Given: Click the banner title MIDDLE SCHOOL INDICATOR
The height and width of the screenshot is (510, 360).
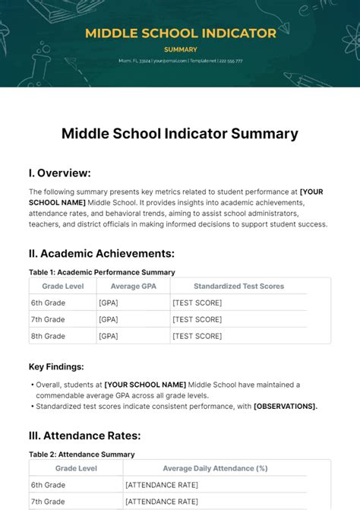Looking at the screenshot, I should click(x=180, y=33).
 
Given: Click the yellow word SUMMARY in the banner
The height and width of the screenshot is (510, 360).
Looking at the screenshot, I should click(x=180, y=49).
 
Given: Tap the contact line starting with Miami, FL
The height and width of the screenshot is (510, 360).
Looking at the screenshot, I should click(x=180, y=61).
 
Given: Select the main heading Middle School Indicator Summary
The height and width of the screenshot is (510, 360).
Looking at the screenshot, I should click(x=180, y=134).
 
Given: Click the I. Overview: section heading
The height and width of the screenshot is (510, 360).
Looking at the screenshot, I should click(x=60, y=173).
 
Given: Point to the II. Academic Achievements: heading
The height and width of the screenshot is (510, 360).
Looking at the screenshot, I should click(x=102, y=253).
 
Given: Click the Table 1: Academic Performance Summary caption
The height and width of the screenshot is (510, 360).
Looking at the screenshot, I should click(x=102, y=272).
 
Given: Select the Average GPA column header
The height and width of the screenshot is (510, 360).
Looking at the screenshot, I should click(x=131, y=287).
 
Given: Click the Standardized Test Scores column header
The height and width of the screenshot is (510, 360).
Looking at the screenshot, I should click(x=238, y=287).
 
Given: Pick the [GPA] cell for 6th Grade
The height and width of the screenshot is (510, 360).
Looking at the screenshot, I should click(x=109, y=303).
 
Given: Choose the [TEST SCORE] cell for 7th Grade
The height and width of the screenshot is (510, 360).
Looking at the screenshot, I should click(x=197, y=319).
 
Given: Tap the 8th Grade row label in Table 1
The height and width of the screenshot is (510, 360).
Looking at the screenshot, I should click(x=47, y=336).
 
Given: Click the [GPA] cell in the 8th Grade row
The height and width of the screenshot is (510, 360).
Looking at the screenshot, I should click(x=109, y=336).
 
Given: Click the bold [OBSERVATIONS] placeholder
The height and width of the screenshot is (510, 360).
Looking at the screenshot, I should click(x=285, y=406).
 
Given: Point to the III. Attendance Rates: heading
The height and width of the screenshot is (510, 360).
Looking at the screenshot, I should click(x=85, y=436).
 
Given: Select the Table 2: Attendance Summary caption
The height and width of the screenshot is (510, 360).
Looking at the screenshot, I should click(x=82, y=455).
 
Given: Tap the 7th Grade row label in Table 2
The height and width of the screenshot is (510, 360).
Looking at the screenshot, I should click(x=47, y=502).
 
